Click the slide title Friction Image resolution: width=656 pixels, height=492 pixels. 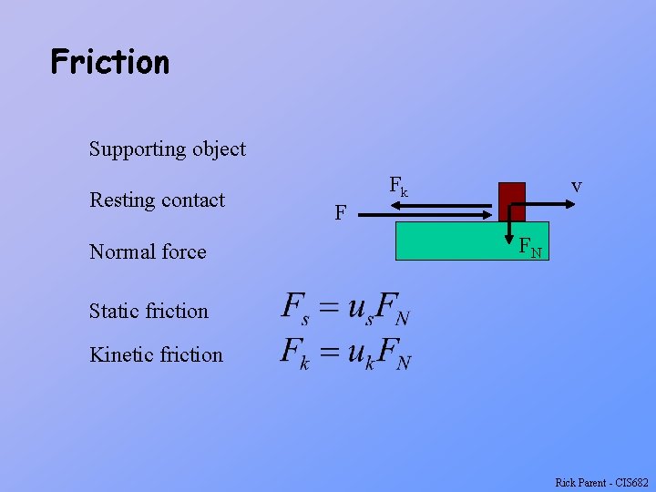point(110,62)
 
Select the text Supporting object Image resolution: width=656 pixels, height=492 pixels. point(168,149)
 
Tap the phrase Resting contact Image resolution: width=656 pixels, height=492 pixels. point(157,200)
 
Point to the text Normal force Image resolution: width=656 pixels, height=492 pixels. point(148,251)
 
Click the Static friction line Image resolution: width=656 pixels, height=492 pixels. point(149,311)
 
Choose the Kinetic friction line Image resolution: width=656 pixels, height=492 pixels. point(156,354)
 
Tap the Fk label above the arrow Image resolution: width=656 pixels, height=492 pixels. point(398,186)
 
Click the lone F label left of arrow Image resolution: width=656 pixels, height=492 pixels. point(340,213)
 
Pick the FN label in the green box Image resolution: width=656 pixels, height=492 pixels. point(530,247)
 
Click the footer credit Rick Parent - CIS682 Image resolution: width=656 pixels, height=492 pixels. point(601,482)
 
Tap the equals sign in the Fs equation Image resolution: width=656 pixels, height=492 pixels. point(328,307)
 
